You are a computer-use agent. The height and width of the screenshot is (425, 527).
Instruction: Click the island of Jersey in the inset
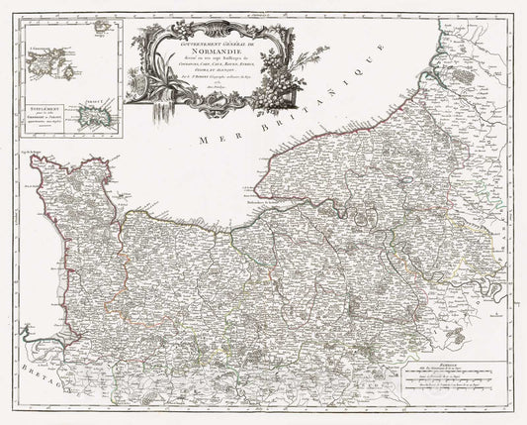(x=95, y=117)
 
